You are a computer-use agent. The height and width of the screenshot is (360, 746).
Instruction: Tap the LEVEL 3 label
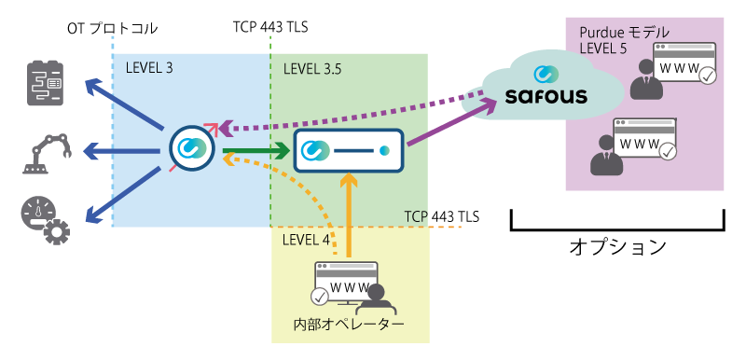149,68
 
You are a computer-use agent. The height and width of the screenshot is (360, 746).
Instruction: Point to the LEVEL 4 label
306,240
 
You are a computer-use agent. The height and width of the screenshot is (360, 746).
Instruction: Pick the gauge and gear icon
43,217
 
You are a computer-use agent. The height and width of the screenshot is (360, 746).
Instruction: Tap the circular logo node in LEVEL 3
193,147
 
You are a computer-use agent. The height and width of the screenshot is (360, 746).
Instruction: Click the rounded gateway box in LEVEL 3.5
349,150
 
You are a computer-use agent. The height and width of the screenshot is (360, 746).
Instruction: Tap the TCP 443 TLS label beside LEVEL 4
441,216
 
